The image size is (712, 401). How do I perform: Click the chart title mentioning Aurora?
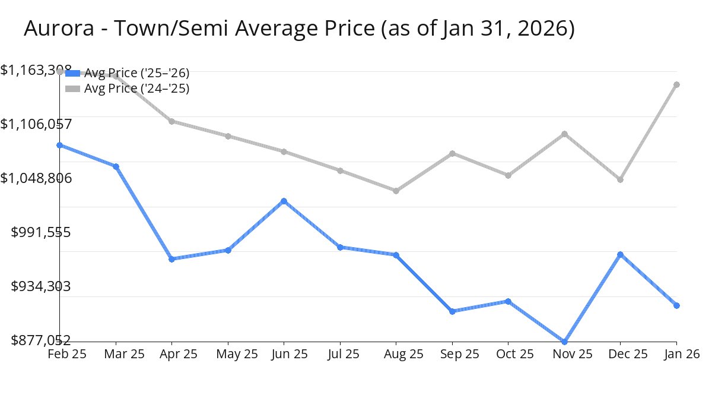[299, 29]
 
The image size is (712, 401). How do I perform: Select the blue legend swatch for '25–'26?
[72, 73]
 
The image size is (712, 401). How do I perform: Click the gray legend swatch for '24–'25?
[72, 89]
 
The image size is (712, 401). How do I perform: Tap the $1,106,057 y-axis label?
[36, 124]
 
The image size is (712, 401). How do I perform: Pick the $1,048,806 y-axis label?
[36, 178]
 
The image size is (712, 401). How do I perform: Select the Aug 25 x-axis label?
[403, 354]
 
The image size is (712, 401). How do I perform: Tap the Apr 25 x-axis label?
[179, 354]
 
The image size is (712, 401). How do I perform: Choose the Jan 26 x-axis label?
[681, 354]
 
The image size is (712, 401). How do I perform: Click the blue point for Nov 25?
[564, 342]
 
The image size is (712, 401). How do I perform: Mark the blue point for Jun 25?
[284, 201]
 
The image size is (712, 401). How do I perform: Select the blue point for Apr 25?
[171, 259]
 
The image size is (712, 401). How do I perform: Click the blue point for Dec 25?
[620, 254]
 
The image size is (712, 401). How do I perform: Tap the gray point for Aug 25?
[396, 191]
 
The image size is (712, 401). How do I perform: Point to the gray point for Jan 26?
[676, 84]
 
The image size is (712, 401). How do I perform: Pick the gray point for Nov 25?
[564, 134]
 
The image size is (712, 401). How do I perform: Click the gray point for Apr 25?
[171, 121]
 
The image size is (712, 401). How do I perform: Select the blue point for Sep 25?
[452, 311]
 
